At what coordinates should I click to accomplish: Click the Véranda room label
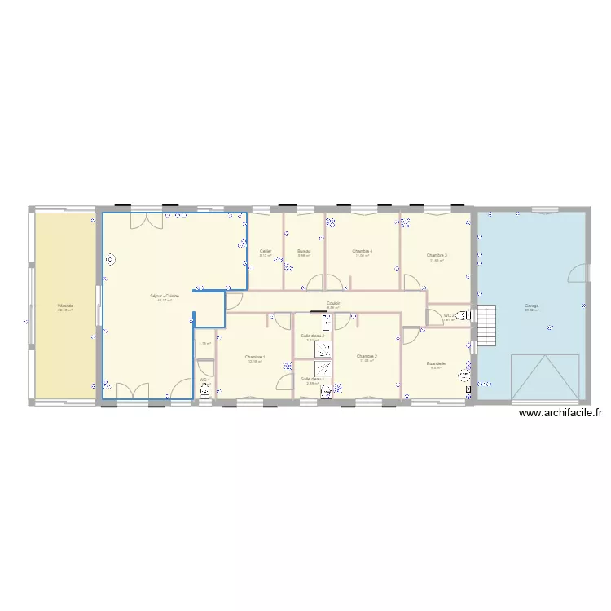(65, 306)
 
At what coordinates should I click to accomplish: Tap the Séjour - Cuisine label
(165, 296)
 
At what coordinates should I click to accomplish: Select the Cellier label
(266, 251)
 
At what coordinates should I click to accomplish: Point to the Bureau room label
(304, 251)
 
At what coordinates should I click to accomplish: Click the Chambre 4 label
(363, 251)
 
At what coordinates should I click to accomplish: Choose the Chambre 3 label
(437, 256)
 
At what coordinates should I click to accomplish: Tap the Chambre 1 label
(255, 357)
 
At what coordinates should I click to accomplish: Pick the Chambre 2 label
(367, 357)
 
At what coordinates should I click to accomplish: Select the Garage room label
(531, 306)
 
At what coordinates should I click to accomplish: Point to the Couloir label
(333, 303)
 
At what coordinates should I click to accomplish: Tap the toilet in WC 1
(204, 391)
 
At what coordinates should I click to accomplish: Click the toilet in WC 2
(465, 315)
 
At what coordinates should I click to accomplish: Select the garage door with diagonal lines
(546, 377)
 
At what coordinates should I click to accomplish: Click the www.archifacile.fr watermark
(560, 413)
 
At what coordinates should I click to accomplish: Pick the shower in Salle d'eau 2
(326, 348)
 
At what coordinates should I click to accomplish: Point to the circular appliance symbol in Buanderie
(464, 376)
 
